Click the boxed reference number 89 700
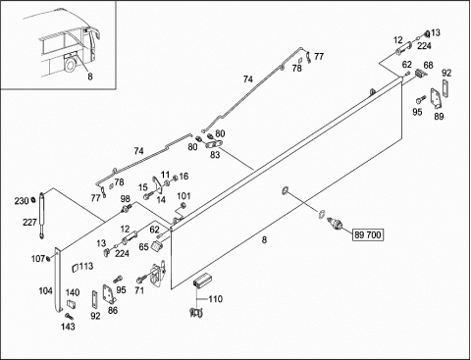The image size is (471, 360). click(x=368, y=234)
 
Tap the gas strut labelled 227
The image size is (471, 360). click(x=41, y=215)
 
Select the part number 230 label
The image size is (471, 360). click(x=22, y=201)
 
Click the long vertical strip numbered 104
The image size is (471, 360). click(x=58, y=280)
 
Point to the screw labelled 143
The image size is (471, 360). click(x=69, y=316)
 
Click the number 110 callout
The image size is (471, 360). click(x=216, y=299)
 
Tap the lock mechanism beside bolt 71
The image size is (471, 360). click(x=158, y=274)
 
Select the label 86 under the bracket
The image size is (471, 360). click(x=113, y=310)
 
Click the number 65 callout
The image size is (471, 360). click(x=143, y=247)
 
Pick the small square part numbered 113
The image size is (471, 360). click(x=76, y=268)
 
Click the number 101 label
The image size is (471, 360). click(x=183, y=196)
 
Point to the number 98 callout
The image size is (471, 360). click(x=126, y=199)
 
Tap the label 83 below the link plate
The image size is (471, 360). click(x=215, y=154)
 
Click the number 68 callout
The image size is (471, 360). click(x=428, y=65)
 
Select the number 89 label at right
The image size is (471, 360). click(x=439, y=116)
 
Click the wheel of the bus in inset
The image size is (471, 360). click(x=71, y=65)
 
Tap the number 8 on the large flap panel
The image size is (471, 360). click(x=264, y=240)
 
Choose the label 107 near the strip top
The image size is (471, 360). click(x=38, y=259)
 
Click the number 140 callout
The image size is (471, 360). click(x=73, y=292)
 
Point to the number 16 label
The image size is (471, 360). click(x=183, y=177)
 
